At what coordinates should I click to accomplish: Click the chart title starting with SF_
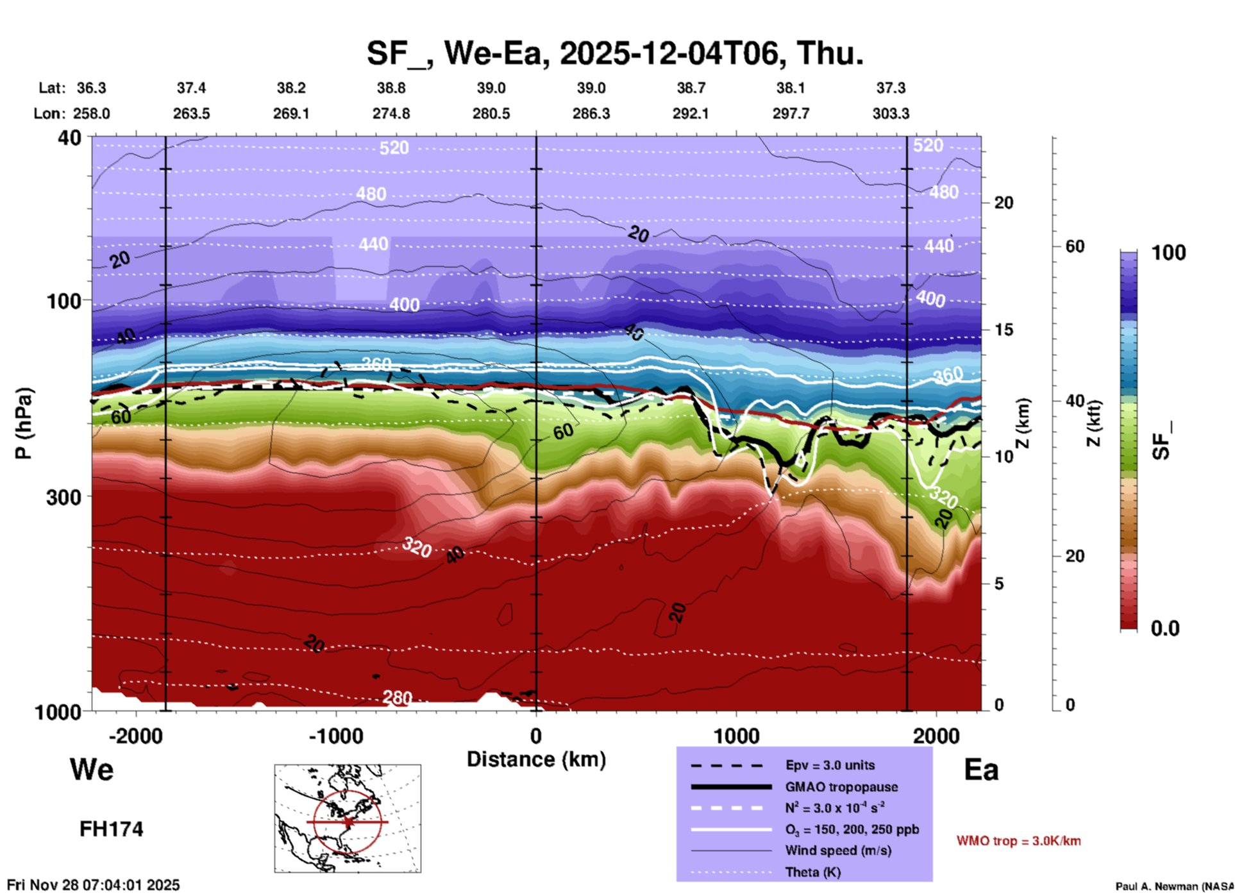tap(615, 53)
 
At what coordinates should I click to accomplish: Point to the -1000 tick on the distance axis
tap(335, 736)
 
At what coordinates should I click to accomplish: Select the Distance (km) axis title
tap(536, 759)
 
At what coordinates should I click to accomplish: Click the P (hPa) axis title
tap(23, 423)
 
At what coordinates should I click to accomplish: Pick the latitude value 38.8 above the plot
tap(391, 88)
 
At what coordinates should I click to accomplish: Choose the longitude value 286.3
tap(591, 114)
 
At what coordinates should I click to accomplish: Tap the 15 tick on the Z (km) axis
tap(1004, 330)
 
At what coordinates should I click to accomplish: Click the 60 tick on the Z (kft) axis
tap(1075, 246)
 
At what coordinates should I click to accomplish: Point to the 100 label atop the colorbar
tap(1168, 253)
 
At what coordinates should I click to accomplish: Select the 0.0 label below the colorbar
tap(1165, 628)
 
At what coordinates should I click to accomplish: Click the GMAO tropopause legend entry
tap(841, 787)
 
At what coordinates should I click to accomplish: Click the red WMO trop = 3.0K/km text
tap(1018, 841)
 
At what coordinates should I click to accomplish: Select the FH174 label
tap(111, 829)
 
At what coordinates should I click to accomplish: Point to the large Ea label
tap(981, 770)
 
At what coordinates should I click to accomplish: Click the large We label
tap(92, 769)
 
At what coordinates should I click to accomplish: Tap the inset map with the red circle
tap(348, 818)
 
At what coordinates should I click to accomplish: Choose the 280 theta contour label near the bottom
tap(397, 697)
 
